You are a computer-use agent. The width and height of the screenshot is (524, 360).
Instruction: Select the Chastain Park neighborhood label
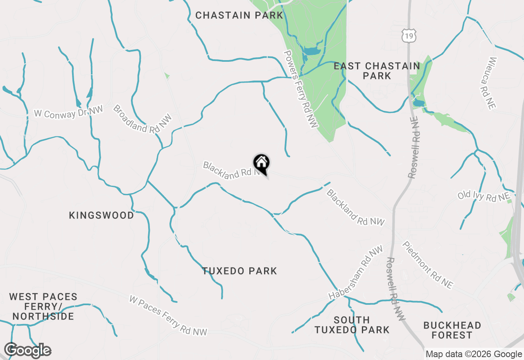click(x=239, y=16)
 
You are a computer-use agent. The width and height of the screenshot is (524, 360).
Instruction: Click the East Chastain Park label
click(x=377, y=71)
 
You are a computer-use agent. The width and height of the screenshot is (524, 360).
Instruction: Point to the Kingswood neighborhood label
click(x=102, y=215)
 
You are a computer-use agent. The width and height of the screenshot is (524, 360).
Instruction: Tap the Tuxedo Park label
click(x=239, y=271)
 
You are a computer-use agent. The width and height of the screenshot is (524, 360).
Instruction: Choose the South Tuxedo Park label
click(x=352, y=324)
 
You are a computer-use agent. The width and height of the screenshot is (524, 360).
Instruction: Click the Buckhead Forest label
click(x=452, y=330)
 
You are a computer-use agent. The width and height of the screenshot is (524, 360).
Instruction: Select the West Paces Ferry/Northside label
click(x=43, y=306)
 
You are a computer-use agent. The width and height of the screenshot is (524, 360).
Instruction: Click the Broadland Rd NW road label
click(x=142, y=119)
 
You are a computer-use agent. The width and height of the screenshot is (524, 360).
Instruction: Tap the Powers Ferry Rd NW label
click(x=301, y=89)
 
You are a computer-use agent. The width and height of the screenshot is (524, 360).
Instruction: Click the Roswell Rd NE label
click(x=414, y=147)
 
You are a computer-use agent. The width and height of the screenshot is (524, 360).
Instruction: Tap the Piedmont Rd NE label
click(x=428, y=265)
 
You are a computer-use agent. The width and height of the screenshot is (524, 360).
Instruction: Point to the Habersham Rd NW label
click(x=355, y=272)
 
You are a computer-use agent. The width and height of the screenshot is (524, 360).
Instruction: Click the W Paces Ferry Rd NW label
click(x=168, y=315)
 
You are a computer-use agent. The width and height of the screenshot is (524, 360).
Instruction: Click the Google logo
click(x=27, y=351)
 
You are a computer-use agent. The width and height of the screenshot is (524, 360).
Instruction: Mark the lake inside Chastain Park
click(x=311, y=52)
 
